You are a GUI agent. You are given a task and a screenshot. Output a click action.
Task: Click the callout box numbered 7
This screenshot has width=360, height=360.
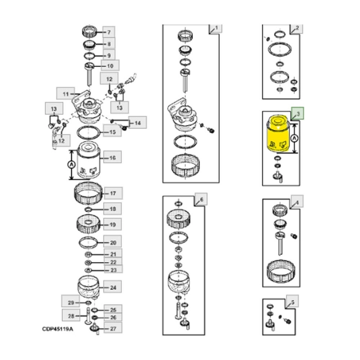coord(109,32)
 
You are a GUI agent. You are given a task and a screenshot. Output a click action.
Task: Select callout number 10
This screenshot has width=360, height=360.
coord(110,66)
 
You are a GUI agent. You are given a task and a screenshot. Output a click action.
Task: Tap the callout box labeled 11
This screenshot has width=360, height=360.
coord(65,94)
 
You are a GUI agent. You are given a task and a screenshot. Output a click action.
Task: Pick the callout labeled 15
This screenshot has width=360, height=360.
coord(112,133)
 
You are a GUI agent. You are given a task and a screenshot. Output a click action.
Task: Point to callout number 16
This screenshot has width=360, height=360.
coord(112,157)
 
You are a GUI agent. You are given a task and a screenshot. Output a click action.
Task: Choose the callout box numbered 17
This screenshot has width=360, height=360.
coord(113,194)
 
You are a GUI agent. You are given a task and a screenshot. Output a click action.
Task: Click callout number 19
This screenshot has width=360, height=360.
coord(112,224)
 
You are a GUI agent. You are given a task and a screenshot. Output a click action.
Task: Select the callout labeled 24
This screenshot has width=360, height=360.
coord(113,288)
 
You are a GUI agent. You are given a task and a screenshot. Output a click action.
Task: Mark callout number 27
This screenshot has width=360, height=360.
coord(112,328)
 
